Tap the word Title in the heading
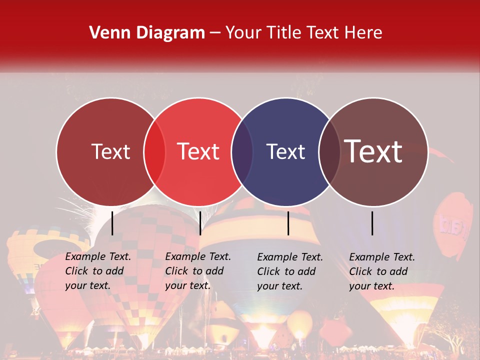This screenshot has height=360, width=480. (x=284, y=33)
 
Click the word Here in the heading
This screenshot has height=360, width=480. (x=364, y=33)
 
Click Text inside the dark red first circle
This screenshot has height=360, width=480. (x=111, y=151)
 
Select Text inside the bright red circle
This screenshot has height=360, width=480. (x=198, y=151)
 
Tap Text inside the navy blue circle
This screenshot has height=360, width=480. (x=286, y=151)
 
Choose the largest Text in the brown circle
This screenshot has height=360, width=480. (x=373, y=151)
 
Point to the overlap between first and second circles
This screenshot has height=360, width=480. (x=154, y=151)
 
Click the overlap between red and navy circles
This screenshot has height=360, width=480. (x=242, y=151)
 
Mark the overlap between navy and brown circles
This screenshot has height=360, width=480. (x=329, y=151)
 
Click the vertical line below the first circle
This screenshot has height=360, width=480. (x=112, y=223)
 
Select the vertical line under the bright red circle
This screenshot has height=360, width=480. (x=200, y=223)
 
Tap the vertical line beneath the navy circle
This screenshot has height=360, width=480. (x=288, y=223)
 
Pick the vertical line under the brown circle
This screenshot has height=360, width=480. (x=372, y=223)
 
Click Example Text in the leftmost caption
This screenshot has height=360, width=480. (x=98, y=256)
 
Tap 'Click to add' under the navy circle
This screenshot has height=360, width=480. (x=286, y=271)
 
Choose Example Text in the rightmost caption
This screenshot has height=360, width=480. (x=382, y=257)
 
